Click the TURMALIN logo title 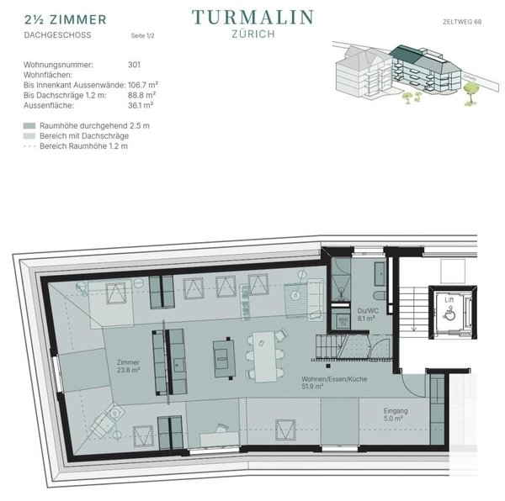252,16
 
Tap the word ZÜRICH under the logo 252,34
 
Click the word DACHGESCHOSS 51,36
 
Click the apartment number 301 134,65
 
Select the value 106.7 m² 144,86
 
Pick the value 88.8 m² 141,96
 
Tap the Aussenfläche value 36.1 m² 141,106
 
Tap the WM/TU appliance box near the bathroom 343,321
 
